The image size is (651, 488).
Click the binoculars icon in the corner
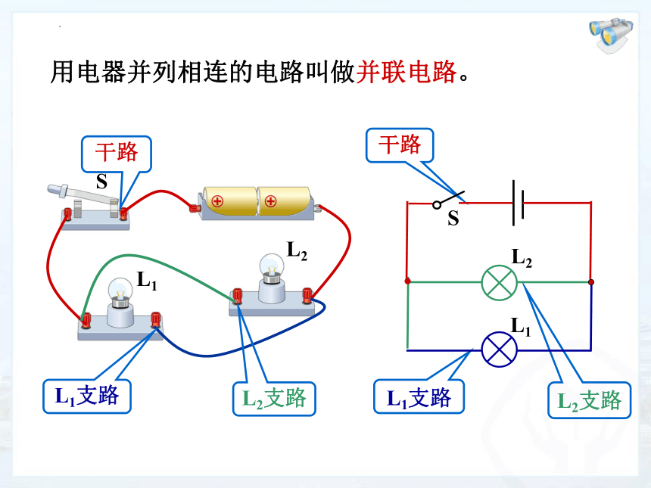pyautogui.click(x=611, y=35)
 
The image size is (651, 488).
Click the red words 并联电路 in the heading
pyautogui.click(x=406, y=72)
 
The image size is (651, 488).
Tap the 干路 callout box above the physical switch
pyautogui.click(x=117, y=154)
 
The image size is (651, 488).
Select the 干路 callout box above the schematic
pyautogui.click(x=400, y=145)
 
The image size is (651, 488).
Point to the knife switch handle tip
pyautogui.click(x=53, y=189)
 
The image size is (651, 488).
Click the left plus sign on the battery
pyautogui.click(x=217, y=202)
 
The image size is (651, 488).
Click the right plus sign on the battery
pyautogui.click(x=270, y=202)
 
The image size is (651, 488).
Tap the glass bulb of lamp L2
pyautogui.click(x=272, y=266)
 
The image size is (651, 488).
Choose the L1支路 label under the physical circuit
pyautogui.click(x=87, y=396)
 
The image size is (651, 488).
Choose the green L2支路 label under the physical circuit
pyautogui.click(x=275, y=399)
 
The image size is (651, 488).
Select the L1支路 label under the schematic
pyautogui.click(x=419, y=396)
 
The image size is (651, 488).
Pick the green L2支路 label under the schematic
pyautogui.click(x=590, y=400)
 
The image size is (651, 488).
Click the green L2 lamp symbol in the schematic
pyautogui.click(x=499, y=283)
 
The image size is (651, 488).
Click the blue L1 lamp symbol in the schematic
pyautogui.click(x=499, y=350)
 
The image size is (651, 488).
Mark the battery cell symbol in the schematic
pyautogui.click(x=518, y=203)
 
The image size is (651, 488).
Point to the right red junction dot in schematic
pyautogui.click(x=591, y=282)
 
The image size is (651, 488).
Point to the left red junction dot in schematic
pyautogui.click(x=408, y=281)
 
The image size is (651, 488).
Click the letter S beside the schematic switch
pyautogui.click(x=453, y=218)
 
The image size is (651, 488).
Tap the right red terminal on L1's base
pyautogui.click(x=156, y=319)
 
